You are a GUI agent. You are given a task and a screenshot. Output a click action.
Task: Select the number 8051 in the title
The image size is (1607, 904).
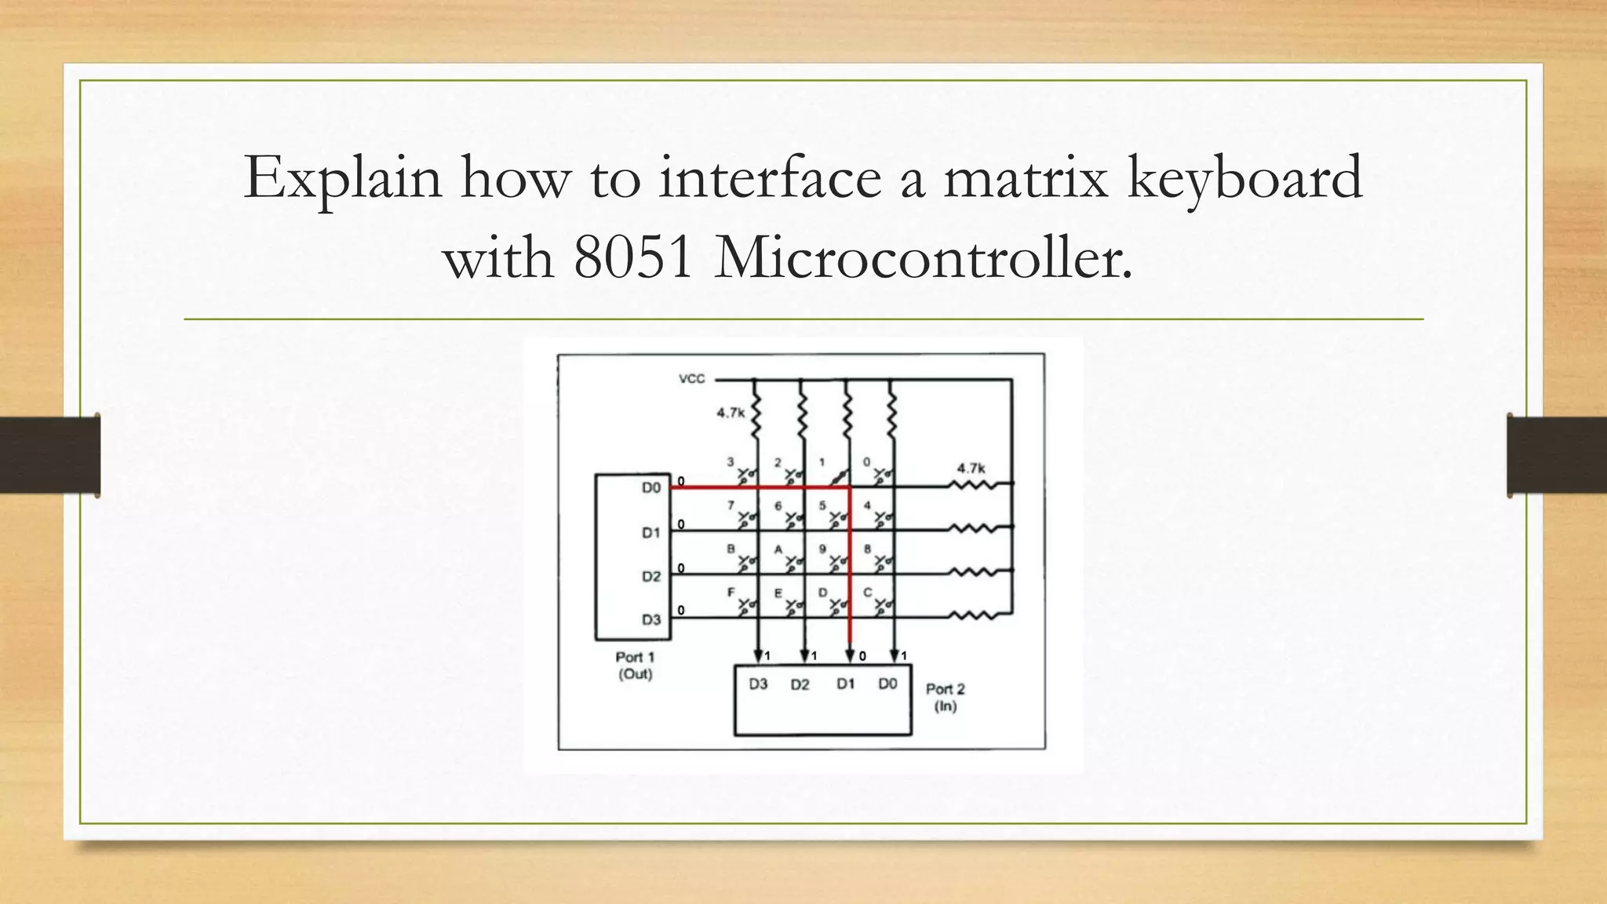click(633, 258)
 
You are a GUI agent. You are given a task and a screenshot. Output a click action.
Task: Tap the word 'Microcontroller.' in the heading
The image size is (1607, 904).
click(924, 258)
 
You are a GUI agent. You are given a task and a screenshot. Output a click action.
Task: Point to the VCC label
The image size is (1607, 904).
click(691, 379)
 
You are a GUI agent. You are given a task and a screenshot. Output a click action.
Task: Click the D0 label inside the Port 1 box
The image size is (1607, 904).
click(651, 488)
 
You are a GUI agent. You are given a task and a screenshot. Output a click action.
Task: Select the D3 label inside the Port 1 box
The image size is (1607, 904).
click(651, 620)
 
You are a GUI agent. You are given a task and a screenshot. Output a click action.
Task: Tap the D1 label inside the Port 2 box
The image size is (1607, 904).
click(845, 684)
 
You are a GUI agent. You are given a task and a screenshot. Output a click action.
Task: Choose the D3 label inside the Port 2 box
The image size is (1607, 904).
click(758, 684)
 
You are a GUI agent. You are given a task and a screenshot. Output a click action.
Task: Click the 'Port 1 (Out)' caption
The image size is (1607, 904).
click(634, 665)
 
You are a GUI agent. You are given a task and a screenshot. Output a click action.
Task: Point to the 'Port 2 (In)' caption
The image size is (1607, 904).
click(946, 698)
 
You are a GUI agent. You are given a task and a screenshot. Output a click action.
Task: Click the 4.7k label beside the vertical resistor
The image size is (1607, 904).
click(730, 413)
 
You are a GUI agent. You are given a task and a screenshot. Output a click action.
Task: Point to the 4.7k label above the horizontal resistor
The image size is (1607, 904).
click(971, 468)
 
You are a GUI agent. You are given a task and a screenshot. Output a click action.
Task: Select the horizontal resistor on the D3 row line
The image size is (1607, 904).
click(974, 616)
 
